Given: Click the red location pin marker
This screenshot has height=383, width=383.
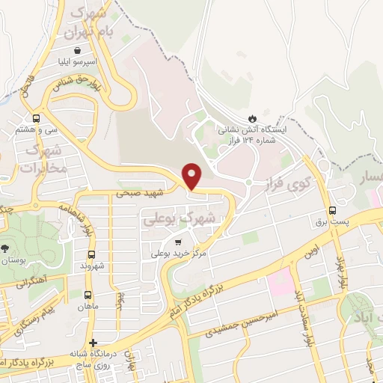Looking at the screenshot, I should click(193, 175).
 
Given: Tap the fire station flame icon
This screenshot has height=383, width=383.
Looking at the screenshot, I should click(252, 117).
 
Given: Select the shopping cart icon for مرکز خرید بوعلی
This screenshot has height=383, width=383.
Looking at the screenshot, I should click(178, 242).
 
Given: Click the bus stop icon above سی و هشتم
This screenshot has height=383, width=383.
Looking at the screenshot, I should click(37, 117).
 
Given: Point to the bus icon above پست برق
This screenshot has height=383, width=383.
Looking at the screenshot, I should click(332, 211).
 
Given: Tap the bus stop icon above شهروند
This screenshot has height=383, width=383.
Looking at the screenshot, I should click(91, 254).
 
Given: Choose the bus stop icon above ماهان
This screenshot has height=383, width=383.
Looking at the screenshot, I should click(89, 295).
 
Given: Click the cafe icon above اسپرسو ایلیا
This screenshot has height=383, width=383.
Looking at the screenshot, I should click(69, 50).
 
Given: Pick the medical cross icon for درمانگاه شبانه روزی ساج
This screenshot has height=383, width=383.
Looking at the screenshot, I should click(92, 343).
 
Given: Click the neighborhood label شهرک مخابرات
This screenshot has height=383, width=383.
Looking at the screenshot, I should click(37, 160).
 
